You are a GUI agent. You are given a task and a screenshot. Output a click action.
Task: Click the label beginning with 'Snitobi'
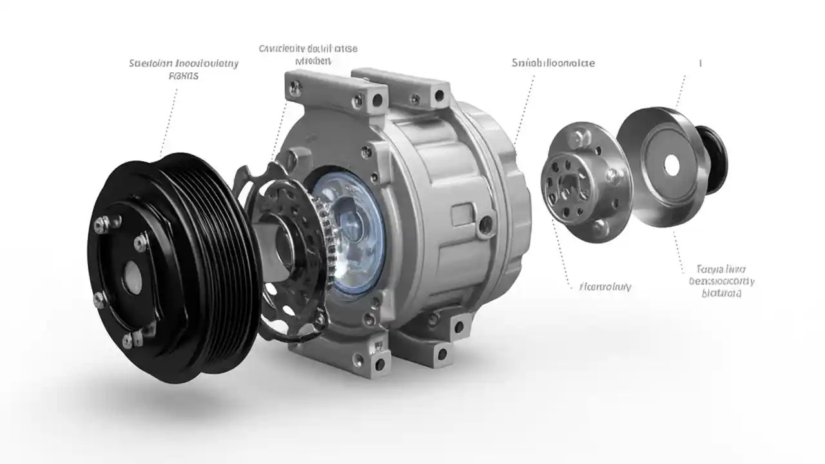click(553, 63)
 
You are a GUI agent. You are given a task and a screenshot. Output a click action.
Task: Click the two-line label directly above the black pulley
click(184, 69)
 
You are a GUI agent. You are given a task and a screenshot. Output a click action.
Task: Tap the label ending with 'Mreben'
click(308, 55)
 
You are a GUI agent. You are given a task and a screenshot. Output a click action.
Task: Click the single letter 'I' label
click(701, 63)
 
